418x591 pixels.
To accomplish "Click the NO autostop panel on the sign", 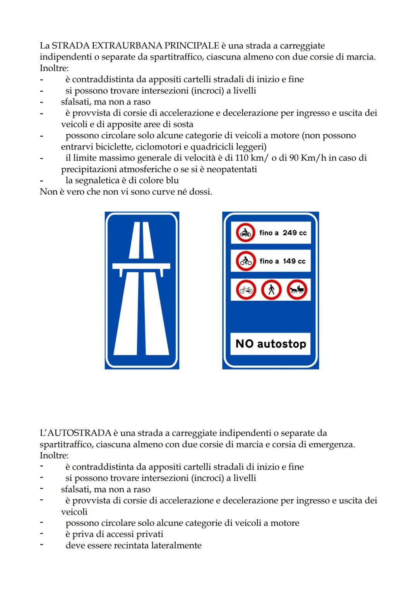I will coord(271,344).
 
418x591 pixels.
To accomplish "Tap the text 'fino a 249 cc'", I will coord(283,233).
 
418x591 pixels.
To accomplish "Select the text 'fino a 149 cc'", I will coord(283,261).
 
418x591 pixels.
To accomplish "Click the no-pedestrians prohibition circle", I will coord(271,290).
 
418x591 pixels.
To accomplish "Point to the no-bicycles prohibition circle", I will coord(246,290).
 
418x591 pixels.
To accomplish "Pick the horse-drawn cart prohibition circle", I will coord(297,290).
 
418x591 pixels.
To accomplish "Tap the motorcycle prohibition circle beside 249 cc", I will coord(245,233).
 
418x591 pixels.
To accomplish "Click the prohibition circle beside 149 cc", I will coord(245,261).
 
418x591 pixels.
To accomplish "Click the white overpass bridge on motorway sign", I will coord(141,266).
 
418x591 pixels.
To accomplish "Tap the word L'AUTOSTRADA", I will coord(75,433).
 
